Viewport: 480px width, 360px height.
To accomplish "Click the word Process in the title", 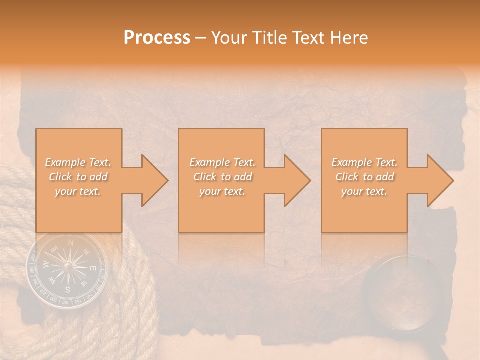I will click(157, 38).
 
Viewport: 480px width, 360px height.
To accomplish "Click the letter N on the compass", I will click(71, 243).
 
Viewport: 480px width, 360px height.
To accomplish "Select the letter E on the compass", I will click(92, 268).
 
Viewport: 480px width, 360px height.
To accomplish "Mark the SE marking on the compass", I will click(84, 284).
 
